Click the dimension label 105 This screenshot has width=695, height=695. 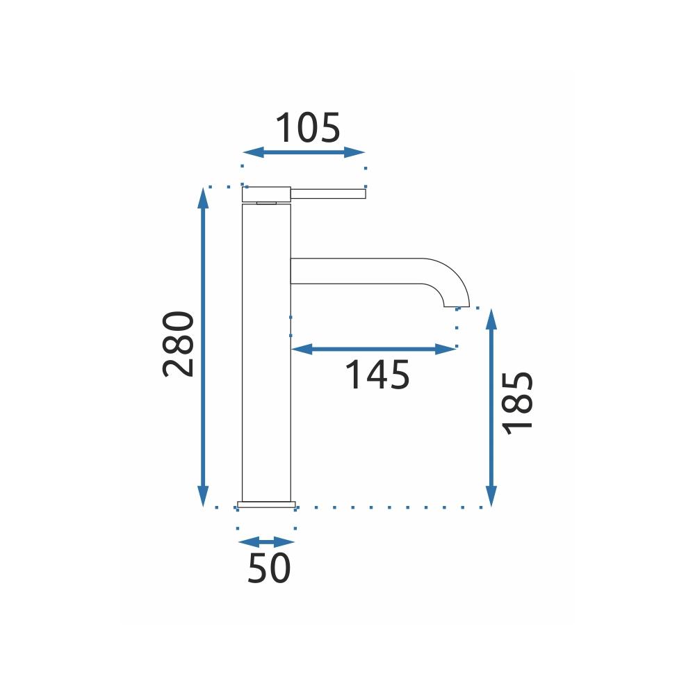[308, 128]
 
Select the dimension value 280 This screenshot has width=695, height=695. [179, 345]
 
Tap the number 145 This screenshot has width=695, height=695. [377, 375]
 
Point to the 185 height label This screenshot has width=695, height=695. [517, 402]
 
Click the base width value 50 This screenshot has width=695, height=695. [268, 569]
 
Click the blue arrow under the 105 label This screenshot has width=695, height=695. [304, 152]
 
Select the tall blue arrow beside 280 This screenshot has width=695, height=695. [203, 347]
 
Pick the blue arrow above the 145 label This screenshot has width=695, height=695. [374, 350]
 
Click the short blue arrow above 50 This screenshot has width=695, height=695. [266, 542]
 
